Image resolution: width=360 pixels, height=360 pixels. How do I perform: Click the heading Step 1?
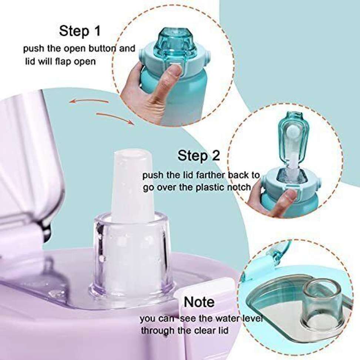click(80, 31)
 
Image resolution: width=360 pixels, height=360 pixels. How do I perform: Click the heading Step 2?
click(199, 156)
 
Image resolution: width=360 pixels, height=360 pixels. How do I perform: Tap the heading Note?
click(199, 302)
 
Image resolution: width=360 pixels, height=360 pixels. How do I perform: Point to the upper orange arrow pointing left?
click(89, 101)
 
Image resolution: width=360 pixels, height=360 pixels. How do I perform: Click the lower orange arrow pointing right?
click(115, 117)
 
